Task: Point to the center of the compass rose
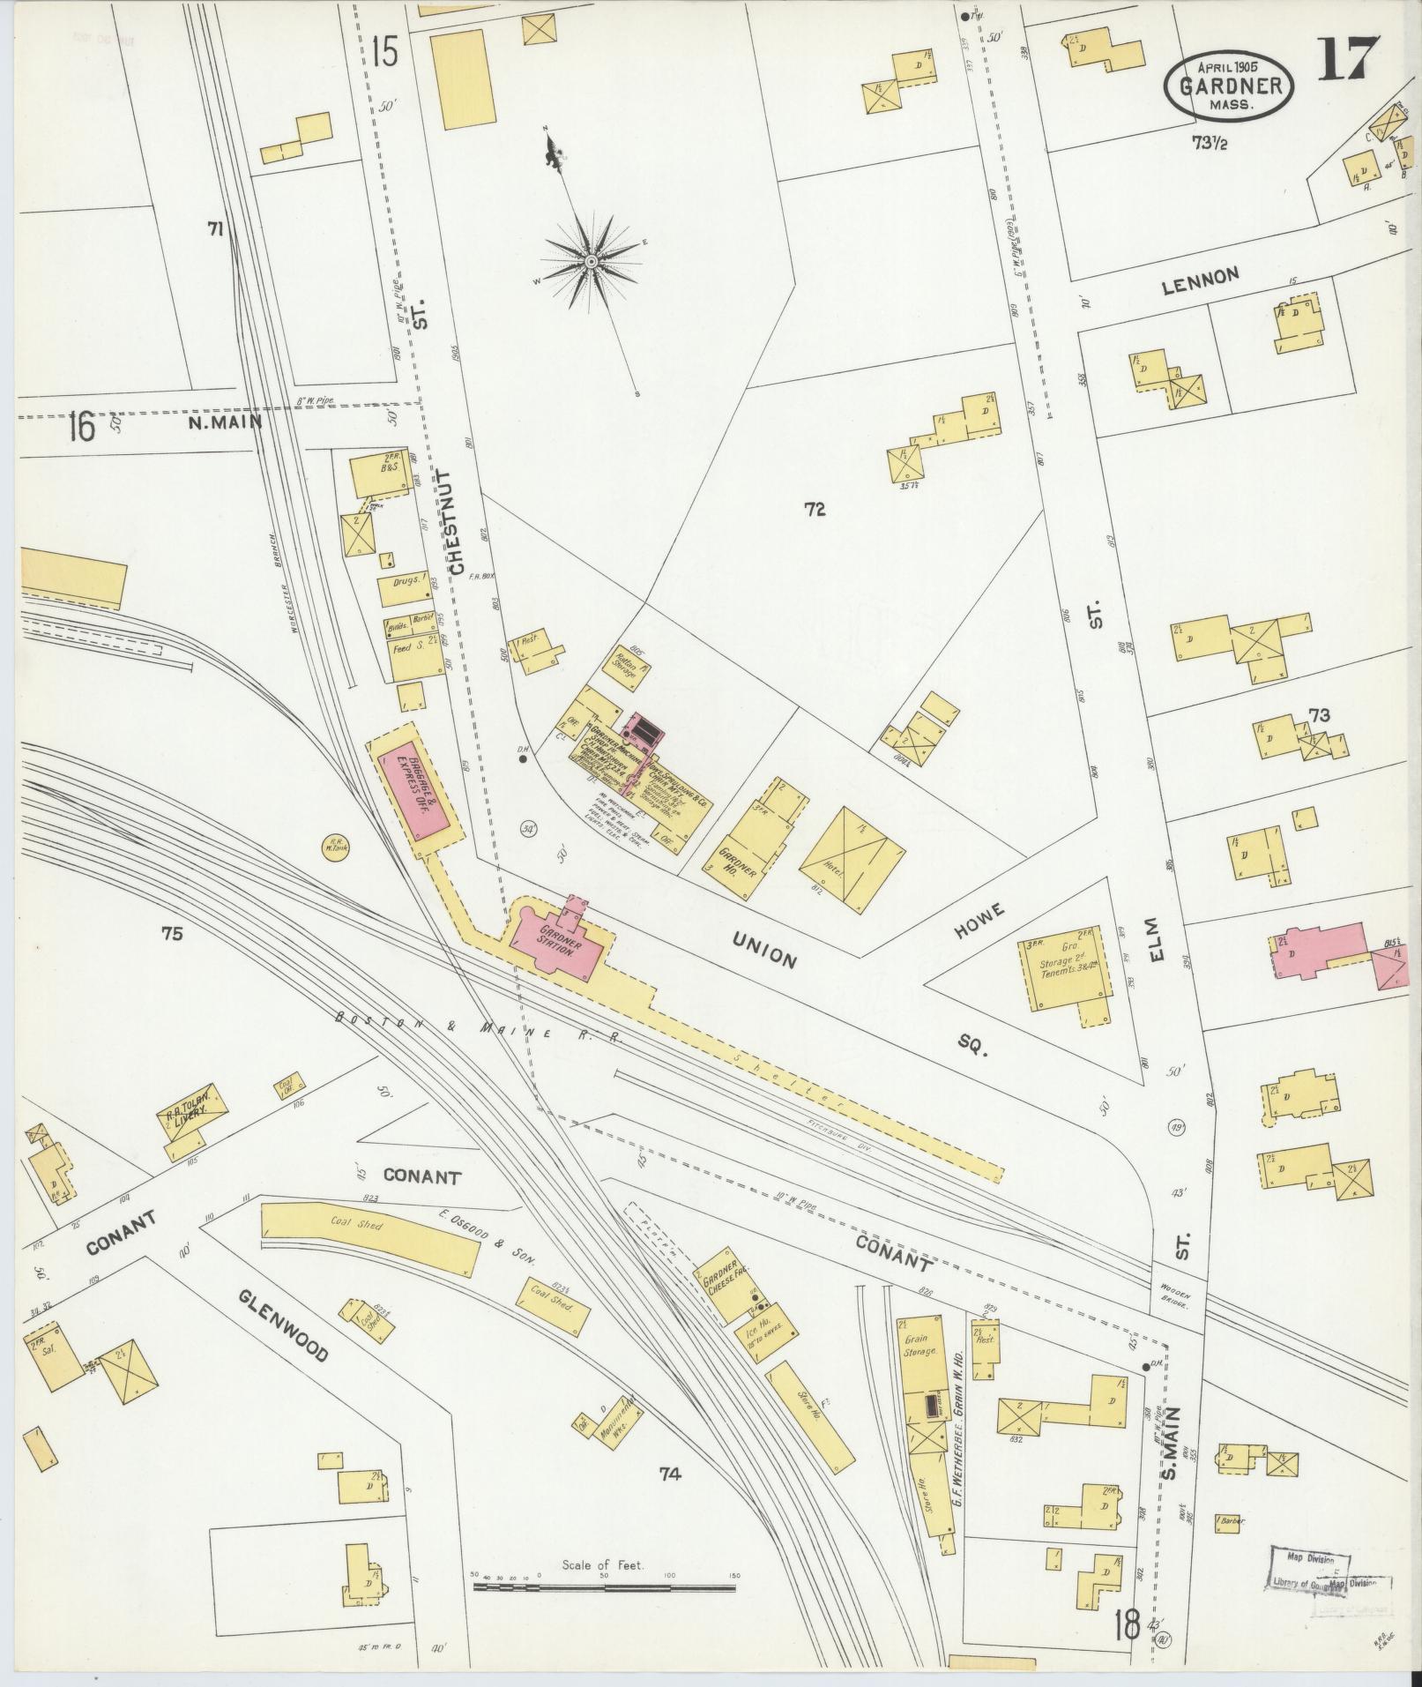(x=590, y=262)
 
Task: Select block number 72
(x=814, y=509)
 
